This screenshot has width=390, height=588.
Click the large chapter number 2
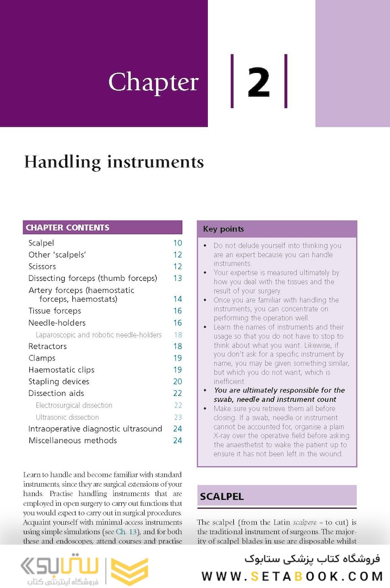[259, 82]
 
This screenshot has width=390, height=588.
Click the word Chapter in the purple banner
[153, 83]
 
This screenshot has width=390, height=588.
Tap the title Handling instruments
[114, 162]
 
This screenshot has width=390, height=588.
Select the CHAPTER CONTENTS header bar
[102, 228]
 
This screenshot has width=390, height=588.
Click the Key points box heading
[224, 229]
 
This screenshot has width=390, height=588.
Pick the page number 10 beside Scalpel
[177, 243]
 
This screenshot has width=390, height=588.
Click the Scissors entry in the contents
[42, 267]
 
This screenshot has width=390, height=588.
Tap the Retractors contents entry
[48, 346]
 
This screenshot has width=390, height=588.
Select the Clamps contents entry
[42, 358]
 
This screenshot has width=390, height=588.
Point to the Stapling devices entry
[59, 382]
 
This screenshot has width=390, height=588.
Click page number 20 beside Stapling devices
[177, 382]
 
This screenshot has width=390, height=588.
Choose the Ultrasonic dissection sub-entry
[67, 417]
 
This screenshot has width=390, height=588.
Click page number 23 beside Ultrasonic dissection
[178, 417]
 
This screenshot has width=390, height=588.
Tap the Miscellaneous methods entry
[72, 440]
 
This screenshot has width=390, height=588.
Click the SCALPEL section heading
[222, 497]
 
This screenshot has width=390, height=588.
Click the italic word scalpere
[305, 522]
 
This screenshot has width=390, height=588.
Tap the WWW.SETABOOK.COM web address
[293, 576]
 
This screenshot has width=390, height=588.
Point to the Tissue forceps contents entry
[55, 311]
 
